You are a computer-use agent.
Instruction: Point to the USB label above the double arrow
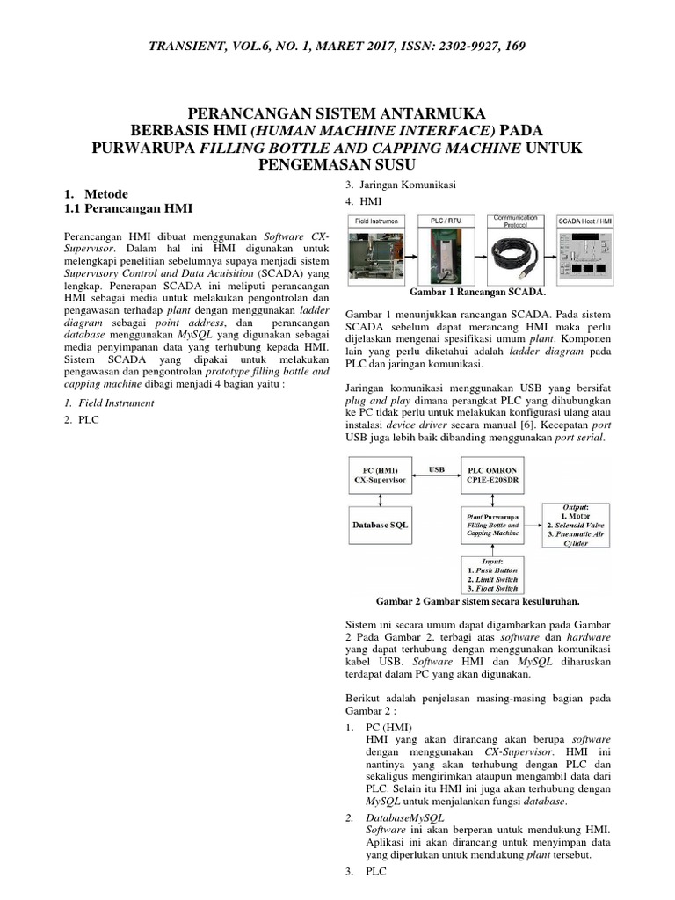coord(436,469)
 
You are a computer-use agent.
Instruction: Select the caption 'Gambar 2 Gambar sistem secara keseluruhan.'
coord(477,602)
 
